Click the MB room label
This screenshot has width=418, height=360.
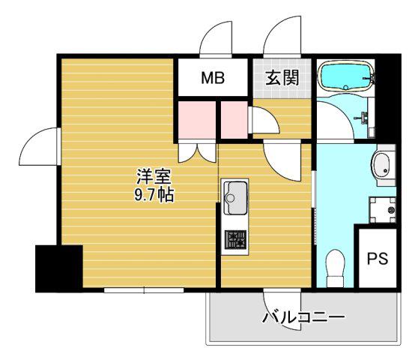click(x=213, y=78)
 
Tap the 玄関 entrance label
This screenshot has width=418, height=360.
click(x=282, y=78)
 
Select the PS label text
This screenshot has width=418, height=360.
click(x=378, y=258)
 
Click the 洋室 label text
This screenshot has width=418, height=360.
click(x=154, y=177)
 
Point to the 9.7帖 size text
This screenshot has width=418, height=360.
click(x=154, y=195)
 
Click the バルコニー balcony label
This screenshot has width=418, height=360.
click(x=303, y=317)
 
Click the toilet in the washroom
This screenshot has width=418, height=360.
click(x=336, y=268)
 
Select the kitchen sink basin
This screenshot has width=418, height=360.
click(x=235, y=198)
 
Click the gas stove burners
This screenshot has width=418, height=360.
click(x=235, y=239)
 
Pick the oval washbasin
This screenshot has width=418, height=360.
click(x=381, y=165)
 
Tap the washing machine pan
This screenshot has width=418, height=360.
click(x=382, y=210)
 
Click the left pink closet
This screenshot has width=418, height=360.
click(x=197, y=120)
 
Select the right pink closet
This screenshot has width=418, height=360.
click(x=234, y=120)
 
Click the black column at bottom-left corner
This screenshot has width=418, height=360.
click(x=59, y=268)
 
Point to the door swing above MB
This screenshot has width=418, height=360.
click(x=216, y=39)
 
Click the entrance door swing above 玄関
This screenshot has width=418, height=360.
click(x=282, y=37)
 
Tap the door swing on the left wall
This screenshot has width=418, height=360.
click(x=40, y=146)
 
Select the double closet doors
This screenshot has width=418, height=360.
click(x=197, y=153)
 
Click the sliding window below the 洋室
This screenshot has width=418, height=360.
click(x=144, y=290)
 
